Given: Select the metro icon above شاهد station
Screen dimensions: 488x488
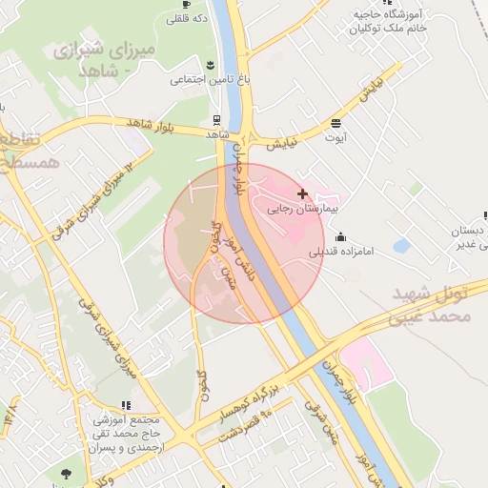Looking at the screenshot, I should [218, 120].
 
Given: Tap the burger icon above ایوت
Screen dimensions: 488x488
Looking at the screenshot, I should [335, 123].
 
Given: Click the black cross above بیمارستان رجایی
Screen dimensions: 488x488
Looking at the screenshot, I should [303, 193].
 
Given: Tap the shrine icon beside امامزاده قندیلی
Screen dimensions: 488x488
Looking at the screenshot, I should [341, 236].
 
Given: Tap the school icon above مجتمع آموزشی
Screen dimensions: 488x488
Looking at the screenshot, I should [126, 405].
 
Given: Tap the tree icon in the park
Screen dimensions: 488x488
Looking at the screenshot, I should [65, 473].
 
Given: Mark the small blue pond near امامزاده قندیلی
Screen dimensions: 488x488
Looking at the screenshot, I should [401, 246].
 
